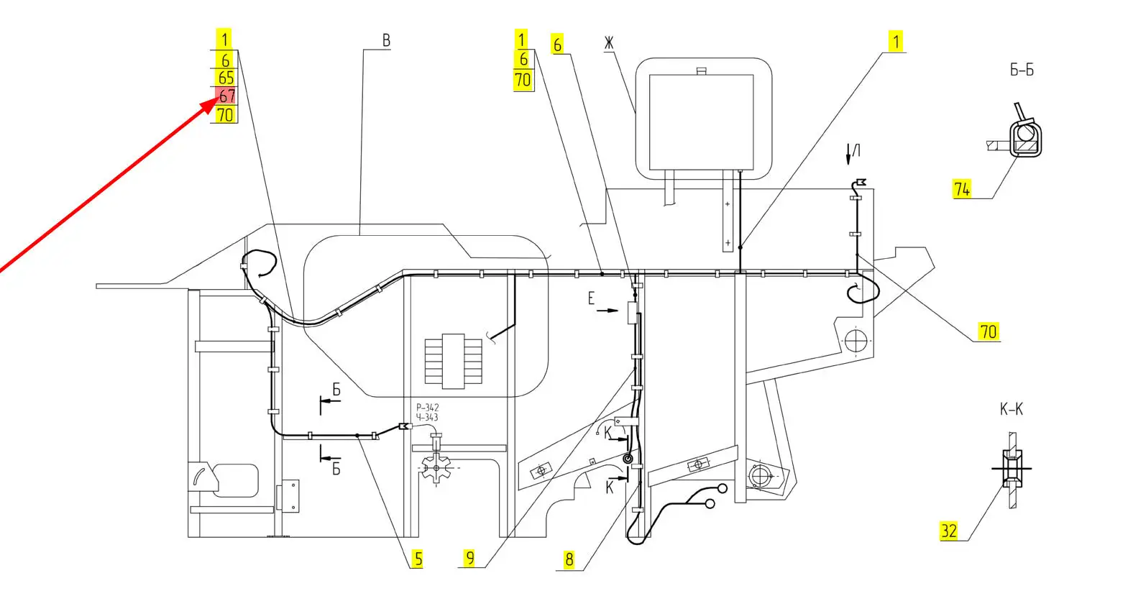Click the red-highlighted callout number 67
[227, 96]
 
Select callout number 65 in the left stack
[226, 78]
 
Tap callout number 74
[962, 189]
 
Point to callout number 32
[949, 531]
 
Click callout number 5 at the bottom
[418, 559]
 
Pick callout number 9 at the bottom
[470, 558]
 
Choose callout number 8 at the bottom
[569, 559]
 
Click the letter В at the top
[387, 40]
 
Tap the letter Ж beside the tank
[608, 43]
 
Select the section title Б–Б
[1022, 70]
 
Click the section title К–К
[1012, 409]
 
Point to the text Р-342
[428, 408]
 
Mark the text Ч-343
[427, 418]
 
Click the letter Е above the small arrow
[591, 298]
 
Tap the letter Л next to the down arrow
[856, 150]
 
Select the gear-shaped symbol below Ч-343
[436, 468]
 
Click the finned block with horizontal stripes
[453, 361]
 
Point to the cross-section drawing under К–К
[1012, 469]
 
